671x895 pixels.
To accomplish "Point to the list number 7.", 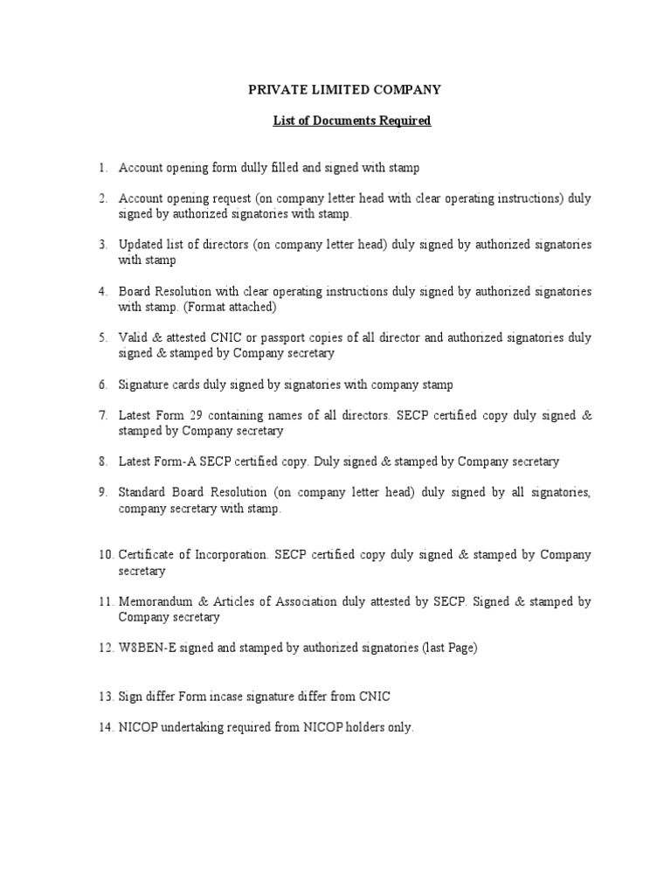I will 102,415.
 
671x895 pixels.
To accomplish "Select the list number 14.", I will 105,727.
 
